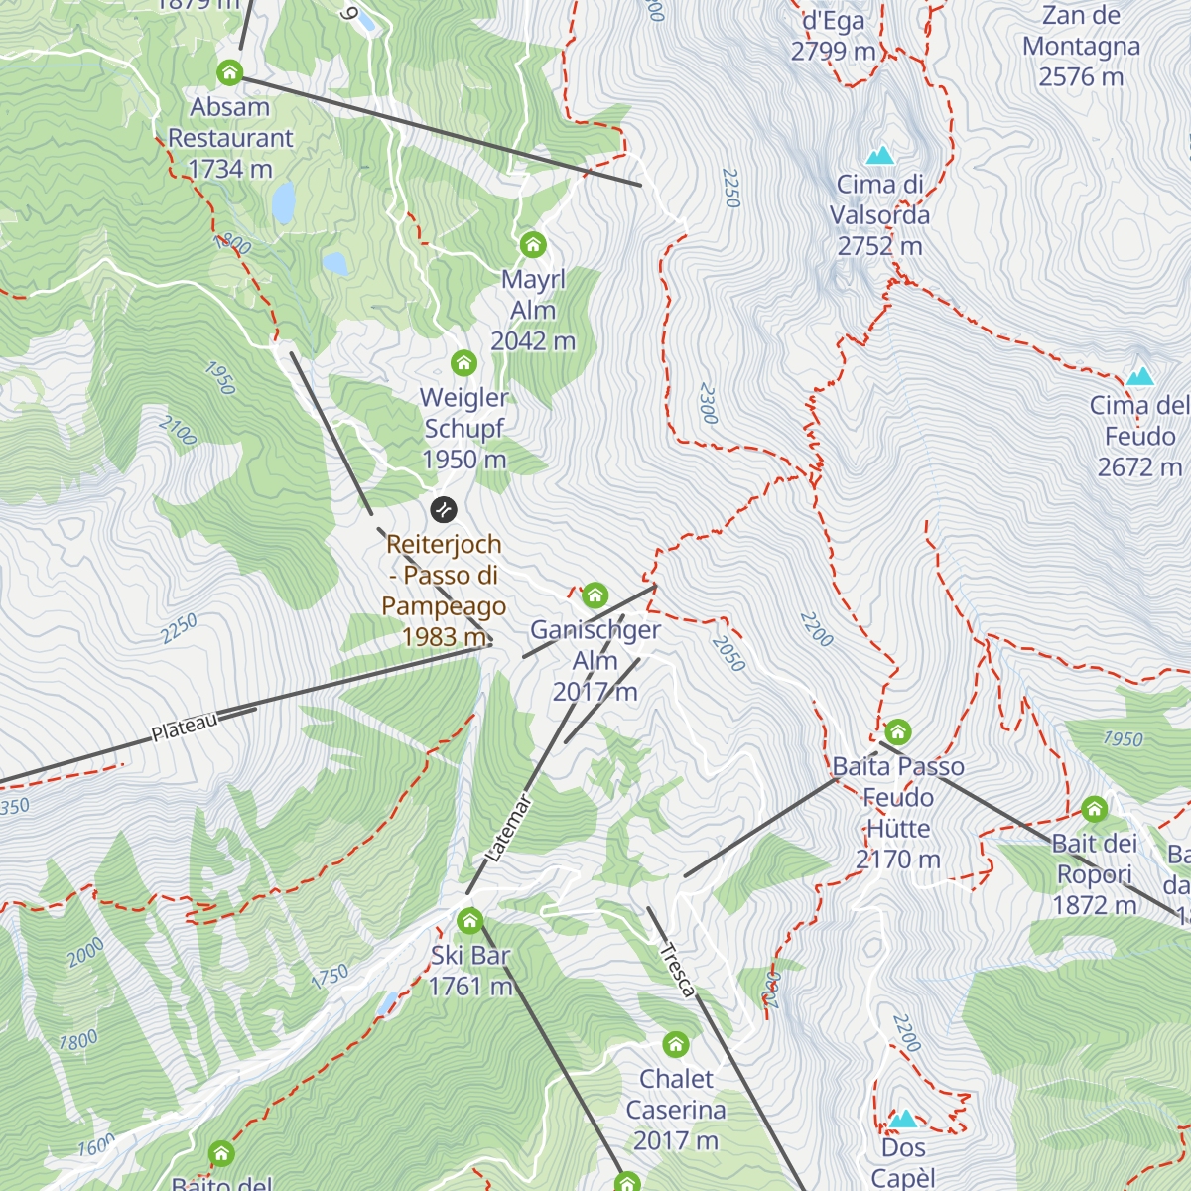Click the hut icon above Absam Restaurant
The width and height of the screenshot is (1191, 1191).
[229, 72]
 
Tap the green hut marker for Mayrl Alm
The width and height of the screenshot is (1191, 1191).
[533, 244]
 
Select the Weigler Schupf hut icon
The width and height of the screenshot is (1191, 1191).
[463, 363]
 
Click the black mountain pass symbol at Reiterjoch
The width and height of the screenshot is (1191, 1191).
[444, 510]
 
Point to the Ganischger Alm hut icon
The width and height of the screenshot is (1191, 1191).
[595, 595]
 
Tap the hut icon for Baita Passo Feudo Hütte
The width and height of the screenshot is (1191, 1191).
[897, 732]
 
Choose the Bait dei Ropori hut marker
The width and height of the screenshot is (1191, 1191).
[1094, 809]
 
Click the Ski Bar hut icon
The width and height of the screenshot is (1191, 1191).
[469, 921]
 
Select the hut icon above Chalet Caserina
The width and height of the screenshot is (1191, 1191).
[675, 1044]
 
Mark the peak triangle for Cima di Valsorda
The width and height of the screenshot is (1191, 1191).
[879, 156]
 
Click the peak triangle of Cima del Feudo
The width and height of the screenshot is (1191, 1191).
[1139, 376]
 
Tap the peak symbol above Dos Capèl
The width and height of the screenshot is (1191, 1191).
[902, 1120]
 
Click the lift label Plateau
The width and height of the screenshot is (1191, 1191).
[185, 728]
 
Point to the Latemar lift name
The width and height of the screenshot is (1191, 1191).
[510, 828]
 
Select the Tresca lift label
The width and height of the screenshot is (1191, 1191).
[676, 970]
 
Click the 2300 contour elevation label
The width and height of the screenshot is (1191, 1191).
[707, 404]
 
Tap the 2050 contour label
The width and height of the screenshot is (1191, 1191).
[728, 653]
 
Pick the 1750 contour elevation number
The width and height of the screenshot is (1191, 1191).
[330, 976]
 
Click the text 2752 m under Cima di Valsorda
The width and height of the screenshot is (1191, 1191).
[879, 246]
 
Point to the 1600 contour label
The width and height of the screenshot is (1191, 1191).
[96, 1147]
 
